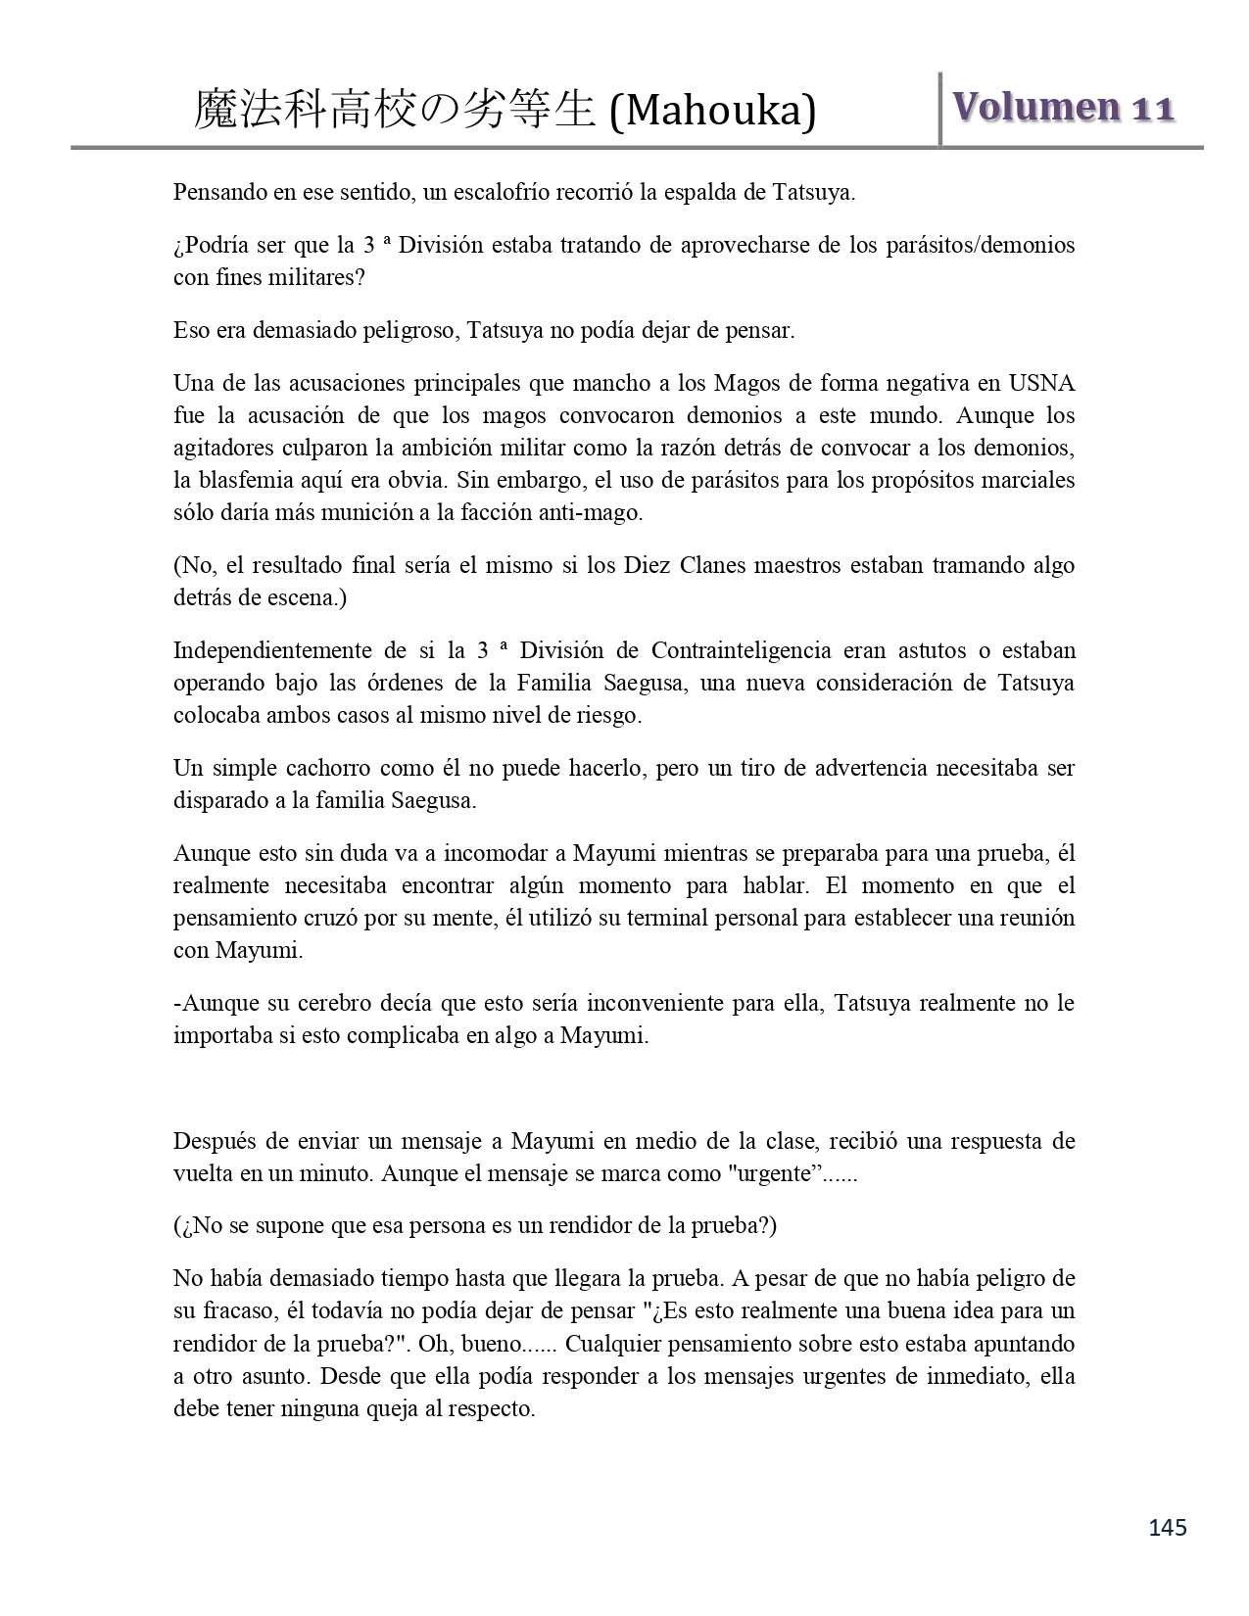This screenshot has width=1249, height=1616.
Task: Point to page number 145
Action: [1168, 1527]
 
